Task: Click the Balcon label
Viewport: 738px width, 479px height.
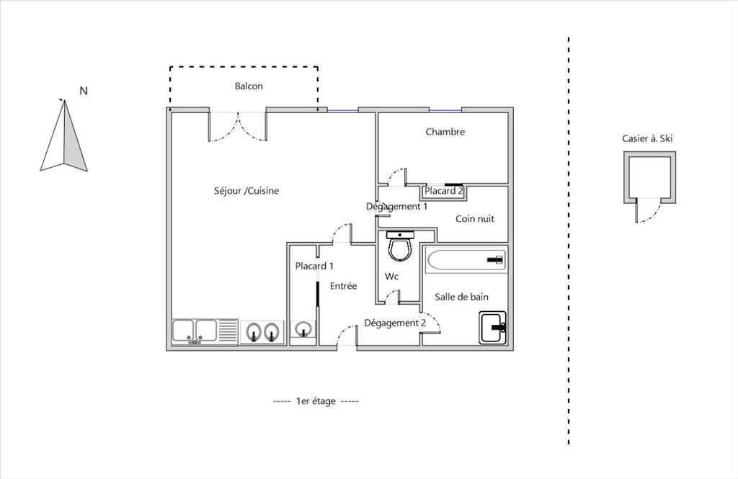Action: click(x=249, y=86)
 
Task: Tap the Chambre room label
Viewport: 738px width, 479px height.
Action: click(x=445, y=132)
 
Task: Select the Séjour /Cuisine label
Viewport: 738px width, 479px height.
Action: click(x=246, y=191)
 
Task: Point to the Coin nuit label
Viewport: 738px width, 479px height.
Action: click(x=474, y=218)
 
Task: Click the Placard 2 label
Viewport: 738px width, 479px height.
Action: click(x=444, y=191)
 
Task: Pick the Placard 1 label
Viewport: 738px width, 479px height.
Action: click(x=314, y=266)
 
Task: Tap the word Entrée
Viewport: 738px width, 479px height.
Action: click(x=343, y=286)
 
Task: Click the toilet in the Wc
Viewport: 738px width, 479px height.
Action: click(x=400, y=245)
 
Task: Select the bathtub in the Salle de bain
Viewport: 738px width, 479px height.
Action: click(x=466, y=260)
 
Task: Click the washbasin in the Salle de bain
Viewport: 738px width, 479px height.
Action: click(x=493, y=327)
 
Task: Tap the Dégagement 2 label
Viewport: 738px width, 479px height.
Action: click(x=395, y=323)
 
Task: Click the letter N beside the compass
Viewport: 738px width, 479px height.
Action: click(x=84, y=91)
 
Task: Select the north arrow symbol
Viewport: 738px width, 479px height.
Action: click(x=64, y=135)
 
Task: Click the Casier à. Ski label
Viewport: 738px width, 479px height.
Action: click(x=647, y=138)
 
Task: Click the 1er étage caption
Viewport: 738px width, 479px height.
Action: click(x=316, y=401)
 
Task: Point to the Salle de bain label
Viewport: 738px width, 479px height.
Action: click(x=461, y=297)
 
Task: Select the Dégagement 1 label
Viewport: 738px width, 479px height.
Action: click(x=397, y=207)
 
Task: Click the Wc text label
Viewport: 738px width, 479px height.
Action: click(x=391, y=276)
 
